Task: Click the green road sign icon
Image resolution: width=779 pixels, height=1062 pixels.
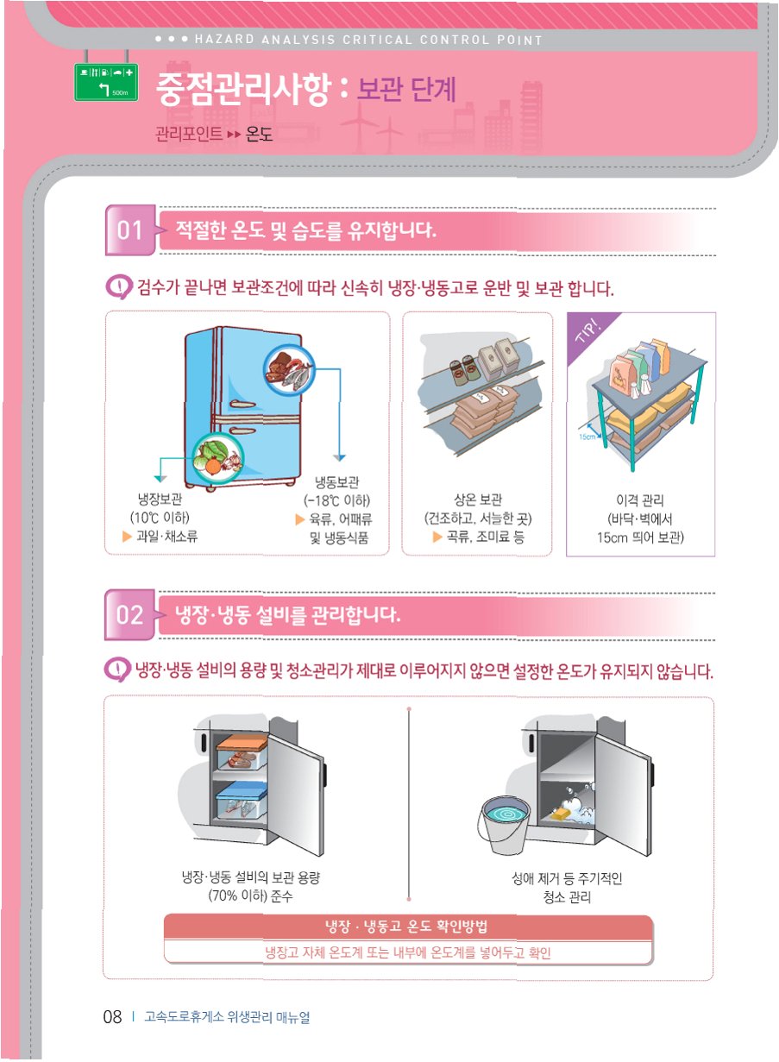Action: (x=106, y=82)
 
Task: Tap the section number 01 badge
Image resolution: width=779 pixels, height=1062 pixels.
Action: (x=130, y=230)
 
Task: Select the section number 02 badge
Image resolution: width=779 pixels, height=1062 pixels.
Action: (x=129, y=615)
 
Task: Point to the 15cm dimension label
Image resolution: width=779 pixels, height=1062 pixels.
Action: (x=587, y=437)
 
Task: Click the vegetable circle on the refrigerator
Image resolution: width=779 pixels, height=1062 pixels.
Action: (x=217, y=458)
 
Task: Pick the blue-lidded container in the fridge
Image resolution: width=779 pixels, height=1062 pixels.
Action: (x=242, y=801)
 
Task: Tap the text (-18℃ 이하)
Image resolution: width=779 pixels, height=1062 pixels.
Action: (x=337, y=500)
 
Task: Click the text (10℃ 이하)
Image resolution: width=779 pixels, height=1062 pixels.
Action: (x=160, y=518)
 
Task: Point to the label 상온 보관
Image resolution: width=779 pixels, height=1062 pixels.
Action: (x=478, y=500)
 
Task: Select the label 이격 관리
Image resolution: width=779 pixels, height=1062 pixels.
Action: (x=640, y=500)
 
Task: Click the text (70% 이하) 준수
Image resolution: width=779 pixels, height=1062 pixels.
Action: (x=251, y=896)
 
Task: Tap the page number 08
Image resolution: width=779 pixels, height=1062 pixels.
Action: (x=112, y=1016)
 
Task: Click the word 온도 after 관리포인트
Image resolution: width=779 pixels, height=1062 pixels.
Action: (x=259, y=135)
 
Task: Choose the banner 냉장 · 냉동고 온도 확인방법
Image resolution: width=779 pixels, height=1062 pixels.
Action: (x=406, y=926)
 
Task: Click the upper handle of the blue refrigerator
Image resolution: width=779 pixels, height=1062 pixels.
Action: (x=242, y=405)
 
